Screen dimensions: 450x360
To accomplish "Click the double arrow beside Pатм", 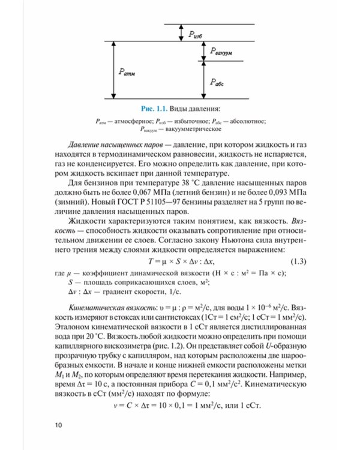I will (x=113, y=70).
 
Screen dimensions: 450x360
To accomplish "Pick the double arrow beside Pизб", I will (x=181, y=33).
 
